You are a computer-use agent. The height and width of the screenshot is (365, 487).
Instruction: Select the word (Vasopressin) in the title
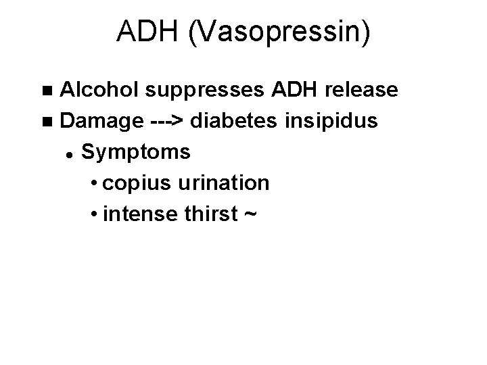(278, 34)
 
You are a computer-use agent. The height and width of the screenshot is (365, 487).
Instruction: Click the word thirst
(210, 214)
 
